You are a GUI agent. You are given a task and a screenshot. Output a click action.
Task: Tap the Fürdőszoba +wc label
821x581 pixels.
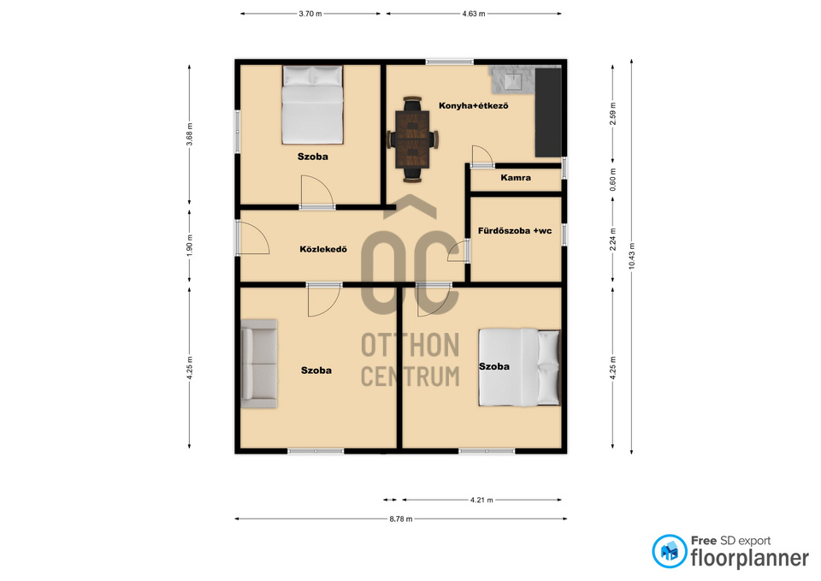[x=516, y=230]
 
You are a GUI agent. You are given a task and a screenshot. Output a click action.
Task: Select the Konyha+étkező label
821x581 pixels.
[x=474, y=105]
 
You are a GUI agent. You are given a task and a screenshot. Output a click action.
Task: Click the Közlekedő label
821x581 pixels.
[x=322, y=250]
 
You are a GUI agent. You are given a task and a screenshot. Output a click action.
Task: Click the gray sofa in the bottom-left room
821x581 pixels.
[x=258, y=360]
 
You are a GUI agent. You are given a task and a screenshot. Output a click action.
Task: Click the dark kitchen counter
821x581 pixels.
[x=547, y=112]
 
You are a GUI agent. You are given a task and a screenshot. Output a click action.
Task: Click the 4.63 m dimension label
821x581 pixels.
[x=474, y=15]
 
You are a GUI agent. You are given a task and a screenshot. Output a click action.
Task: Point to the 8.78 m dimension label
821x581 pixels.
[x=400, y=519]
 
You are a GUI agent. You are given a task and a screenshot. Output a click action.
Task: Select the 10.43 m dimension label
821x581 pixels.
[x=631, y=256]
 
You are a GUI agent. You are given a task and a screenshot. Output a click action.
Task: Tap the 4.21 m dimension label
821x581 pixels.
[x=481, y=500]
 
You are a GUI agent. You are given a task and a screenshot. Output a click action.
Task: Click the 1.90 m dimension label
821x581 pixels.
[x=190, y=245]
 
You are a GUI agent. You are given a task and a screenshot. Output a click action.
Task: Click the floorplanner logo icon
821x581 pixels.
[x=670, y=551]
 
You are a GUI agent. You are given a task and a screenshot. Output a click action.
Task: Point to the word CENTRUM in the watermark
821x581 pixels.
[x=410, y=376]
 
